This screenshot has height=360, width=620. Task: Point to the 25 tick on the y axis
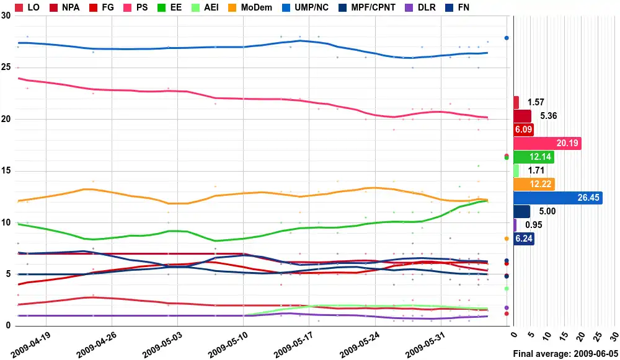6,67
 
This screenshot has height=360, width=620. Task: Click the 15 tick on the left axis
6,170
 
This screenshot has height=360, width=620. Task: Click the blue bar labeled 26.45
558,198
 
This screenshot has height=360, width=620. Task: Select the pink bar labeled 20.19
547,143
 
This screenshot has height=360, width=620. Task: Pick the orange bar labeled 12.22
534,184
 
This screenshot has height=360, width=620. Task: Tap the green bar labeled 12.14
534,157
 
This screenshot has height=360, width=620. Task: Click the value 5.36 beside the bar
547,116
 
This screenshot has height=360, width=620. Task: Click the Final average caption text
565,353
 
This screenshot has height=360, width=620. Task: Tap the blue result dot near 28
507,38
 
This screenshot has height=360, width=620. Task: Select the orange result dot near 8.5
507,239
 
